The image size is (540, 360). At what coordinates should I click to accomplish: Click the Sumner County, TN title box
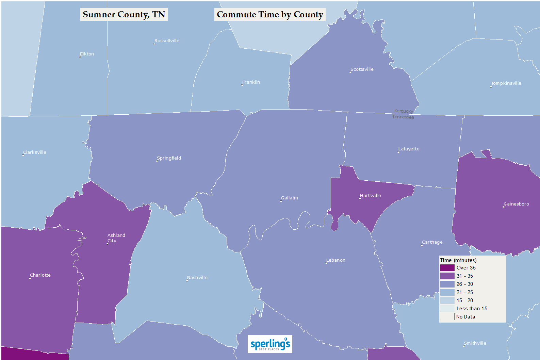pos(124,15)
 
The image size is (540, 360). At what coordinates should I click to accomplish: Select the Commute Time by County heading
pos(270,15)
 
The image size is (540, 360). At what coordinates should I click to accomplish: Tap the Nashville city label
pos(197,278)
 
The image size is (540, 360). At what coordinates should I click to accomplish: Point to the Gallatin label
pos(290,198)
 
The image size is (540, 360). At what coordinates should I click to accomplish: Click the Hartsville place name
pos(371,196)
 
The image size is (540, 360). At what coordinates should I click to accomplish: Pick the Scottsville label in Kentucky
pos(362,69)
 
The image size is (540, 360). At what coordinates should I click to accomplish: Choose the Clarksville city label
pos(35,152)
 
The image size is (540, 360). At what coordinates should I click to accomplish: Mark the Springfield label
pos(169,158)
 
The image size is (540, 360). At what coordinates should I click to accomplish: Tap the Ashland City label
pos(116,238)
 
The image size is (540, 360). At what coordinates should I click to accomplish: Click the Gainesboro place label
pos(516,204)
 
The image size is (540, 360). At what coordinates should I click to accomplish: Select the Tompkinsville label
pos(506,83)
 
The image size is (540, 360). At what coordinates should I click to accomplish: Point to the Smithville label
pos(475,343)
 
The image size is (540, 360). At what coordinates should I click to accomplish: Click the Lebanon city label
pos(336,260)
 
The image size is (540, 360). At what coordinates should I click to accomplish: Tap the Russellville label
pos(167,41)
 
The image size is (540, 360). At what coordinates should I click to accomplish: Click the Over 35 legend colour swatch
pos(447,268)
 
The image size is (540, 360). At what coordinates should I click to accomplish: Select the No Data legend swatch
pos(447,317)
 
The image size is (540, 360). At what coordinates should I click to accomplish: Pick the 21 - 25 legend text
pos(465,292)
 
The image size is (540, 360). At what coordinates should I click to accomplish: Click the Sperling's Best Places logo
pos(270,344)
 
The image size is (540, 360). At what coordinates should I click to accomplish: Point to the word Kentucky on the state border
pos(404,111)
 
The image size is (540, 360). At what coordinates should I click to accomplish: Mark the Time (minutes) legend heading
pos(458,260)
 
